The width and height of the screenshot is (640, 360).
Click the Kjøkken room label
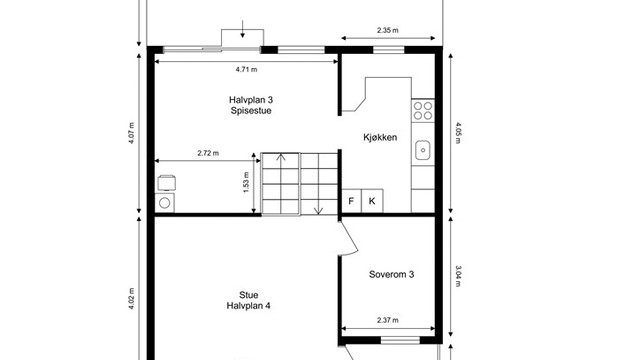(x=380, y=137)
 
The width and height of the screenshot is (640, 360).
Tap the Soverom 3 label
(x=391, y=274)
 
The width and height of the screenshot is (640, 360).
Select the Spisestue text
(x=251, y=111)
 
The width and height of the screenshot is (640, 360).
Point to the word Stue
(x=249, y=295)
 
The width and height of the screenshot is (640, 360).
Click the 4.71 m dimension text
(x=247, y=69)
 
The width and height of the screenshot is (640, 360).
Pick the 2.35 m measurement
(x=388, y=30)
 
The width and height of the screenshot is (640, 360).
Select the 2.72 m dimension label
(x=208, y=153)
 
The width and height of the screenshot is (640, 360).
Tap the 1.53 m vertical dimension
(x=246, y=182)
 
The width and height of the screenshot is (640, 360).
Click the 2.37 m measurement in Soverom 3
(x=388, y=320)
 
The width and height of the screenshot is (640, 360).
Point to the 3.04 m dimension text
(x=458, y=276)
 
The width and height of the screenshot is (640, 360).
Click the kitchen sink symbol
(x=423, y=150)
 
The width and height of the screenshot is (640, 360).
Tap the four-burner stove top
(x=423, y=111)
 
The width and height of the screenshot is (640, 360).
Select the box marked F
(x=351, y=201)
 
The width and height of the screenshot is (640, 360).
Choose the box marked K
(x=372, y=201)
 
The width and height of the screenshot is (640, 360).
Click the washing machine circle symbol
(x=164, y=203)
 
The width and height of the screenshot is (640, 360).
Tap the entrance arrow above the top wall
(x=242, y=29)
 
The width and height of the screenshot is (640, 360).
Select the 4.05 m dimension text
(x=458, y=133)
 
